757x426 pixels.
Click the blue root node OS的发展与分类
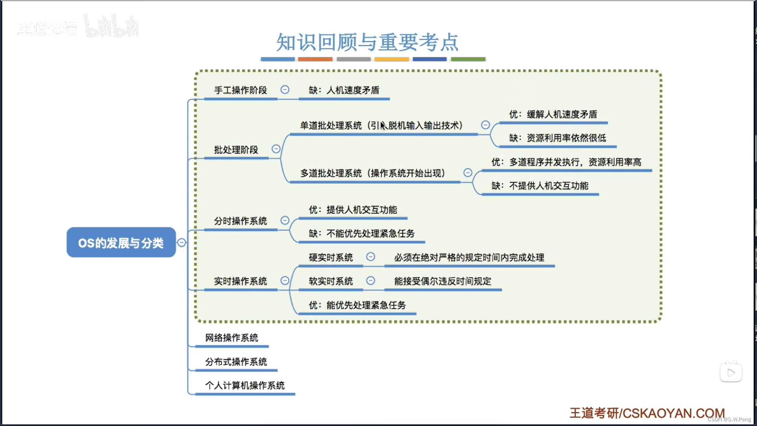pos(121,243)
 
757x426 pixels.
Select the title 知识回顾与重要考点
pos(367,42)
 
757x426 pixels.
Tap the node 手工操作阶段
pos(241,90)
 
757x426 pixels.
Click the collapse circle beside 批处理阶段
pos(276,149)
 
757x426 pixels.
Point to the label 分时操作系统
pos(241,221)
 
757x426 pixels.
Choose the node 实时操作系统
pos(241,281)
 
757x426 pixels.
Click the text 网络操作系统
pos(232,338)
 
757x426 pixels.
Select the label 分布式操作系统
pos(236,362)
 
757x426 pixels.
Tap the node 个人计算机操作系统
pos(245,385)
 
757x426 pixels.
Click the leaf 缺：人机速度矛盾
pos(344,90)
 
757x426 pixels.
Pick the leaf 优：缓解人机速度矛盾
pos(553,114)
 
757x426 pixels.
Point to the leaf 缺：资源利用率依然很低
pos(557,138)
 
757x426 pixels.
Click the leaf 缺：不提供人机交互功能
pos(540,186)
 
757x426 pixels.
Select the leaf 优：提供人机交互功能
pos(353,210)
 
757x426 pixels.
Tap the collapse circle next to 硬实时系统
pos(371,257)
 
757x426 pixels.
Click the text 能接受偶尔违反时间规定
pos(443,281)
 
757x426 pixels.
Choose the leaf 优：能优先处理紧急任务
pos(357,305)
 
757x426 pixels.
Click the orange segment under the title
pos(315,59)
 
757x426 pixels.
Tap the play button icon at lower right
pos(731,373)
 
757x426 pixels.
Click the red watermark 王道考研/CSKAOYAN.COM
pos(647,413)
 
